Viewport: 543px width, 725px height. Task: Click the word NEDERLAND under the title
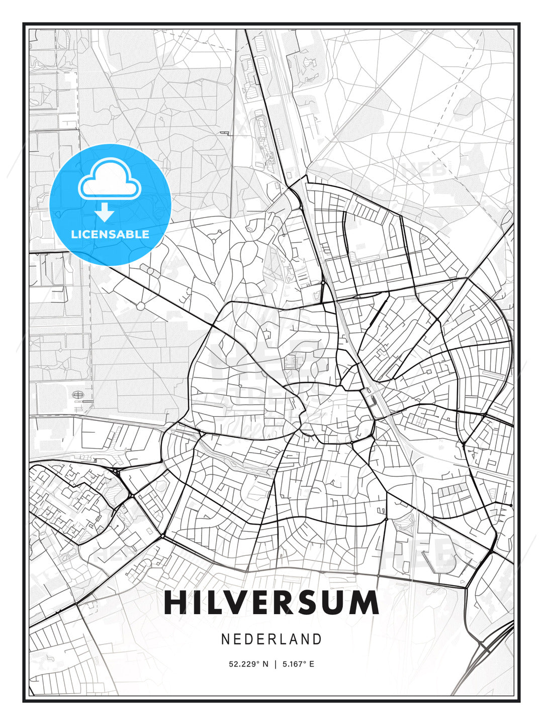(271, 639)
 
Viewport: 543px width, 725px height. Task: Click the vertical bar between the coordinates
(275, 664)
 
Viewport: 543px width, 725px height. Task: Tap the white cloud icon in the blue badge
(109, 180)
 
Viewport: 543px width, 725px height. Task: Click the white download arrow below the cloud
(105, 212)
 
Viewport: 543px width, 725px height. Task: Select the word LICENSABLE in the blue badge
(110, 234)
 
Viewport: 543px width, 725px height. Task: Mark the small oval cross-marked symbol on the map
(78, 395)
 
